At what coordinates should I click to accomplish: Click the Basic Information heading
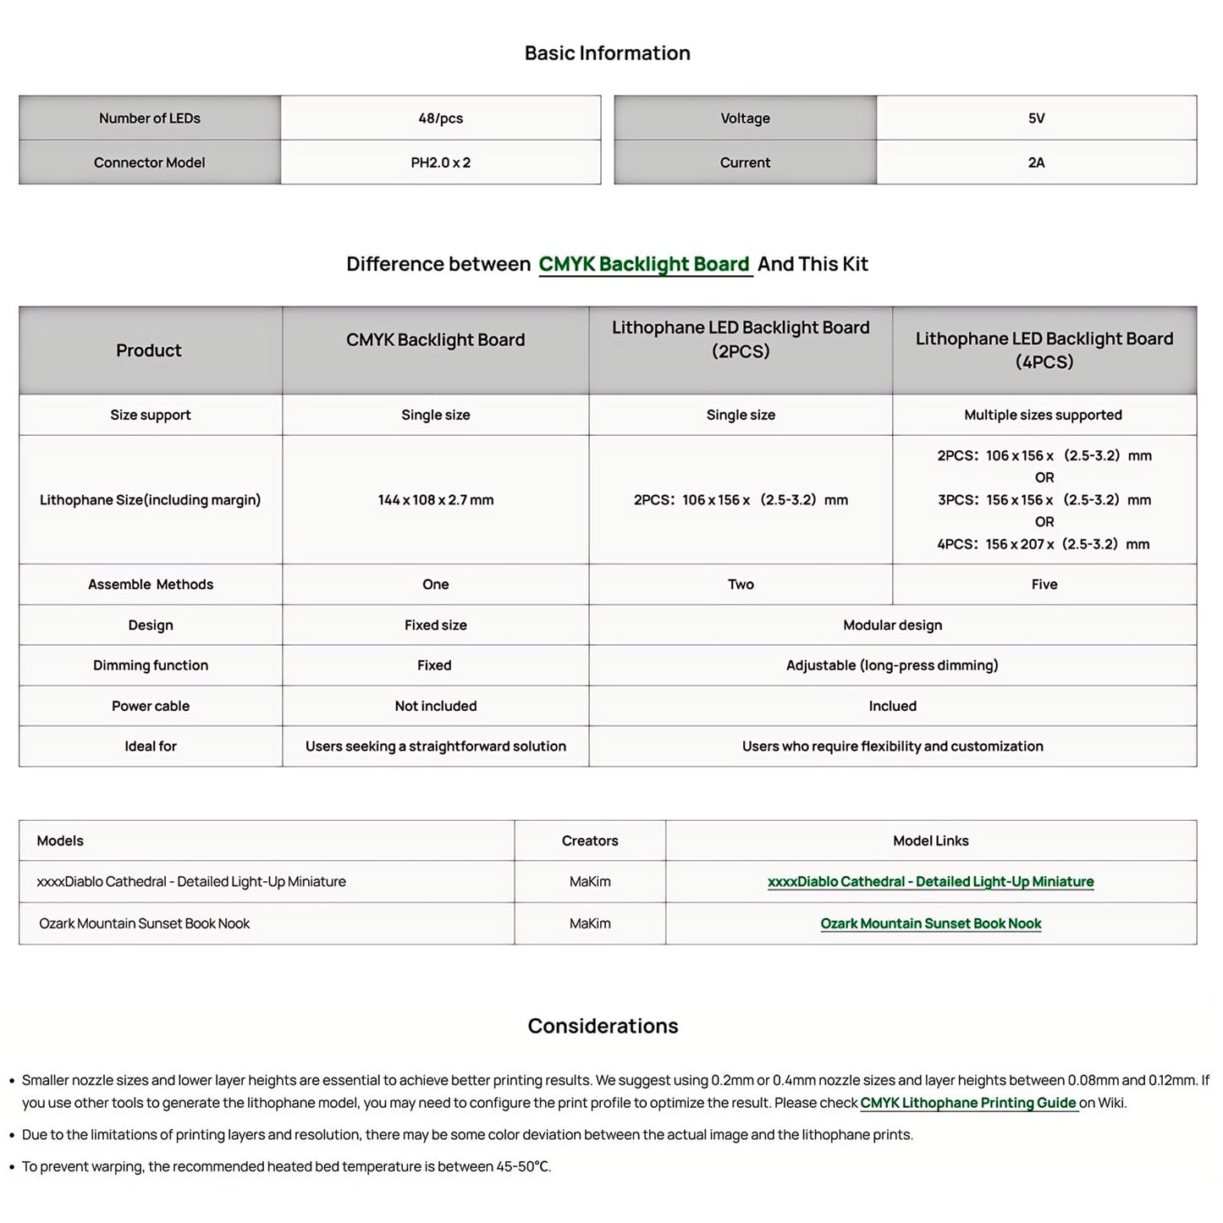coord(607,53)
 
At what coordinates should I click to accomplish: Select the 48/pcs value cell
coord(440,118)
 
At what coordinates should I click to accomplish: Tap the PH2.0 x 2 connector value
coord(440,163)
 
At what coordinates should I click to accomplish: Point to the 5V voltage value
coord(1036,118)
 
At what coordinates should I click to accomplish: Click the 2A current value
coord(1036,163)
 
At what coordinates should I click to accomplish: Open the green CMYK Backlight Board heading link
coord(644,264)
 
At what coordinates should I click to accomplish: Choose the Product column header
coord(149,350)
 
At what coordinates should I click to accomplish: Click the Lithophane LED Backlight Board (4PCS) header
coord(1044,350)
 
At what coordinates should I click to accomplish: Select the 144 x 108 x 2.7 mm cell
coord(435,500)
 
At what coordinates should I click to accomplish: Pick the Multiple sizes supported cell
coord(1043,415)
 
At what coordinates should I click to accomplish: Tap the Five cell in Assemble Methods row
coord(1044,584)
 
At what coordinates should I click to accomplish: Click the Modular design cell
coord(892,625)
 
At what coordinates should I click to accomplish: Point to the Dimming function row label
coord(151,665)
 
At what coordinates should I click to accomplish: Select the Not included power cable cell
coord(435,706)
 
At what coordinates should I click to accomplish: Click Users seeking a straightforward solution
coord(435,746)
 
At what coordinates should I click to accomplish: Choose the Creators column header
coord(590,840)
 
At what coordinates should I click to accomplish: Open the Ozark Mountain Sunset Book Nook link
coord(930,923)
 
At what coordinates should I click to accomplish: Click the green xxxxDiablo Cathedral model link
coord(930,882)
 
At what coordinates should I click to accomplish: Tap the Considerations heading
coord(603,1026)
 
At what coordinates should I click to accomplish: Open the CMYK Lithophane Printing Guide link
coord(968,1103)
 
